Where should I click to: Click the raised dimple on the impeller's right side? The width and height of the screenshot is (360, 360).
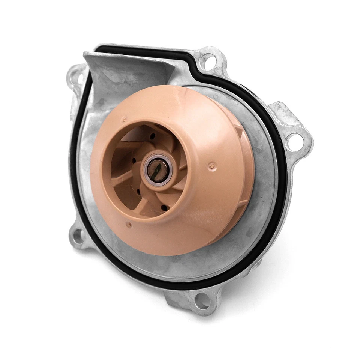pos(212,165)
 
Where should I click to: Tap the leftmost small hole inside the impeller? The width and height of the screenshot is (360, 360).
pos(134,162)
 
